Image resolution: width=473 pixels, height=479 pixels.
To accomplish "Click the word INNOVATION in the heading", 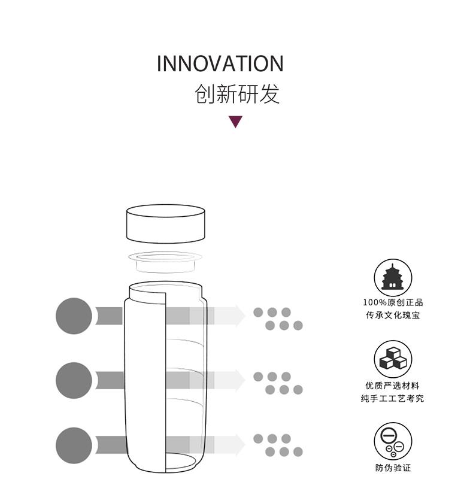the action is click(220, 63).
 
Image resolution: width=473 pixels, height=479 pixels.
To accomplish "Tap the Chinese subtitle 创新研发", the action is click(237, 93).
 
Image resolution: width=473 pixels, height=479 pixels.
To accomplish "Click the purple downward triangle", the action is click(235, 122).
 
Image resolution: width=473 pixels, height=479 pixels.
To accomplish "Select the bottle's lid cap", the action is click(166, 224).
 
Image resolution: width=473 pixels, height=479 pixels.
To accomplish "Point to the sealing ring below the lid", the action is click(165, 262).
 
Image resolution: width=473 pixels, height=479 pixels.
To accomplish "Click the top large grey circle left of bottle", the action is click(74, 316).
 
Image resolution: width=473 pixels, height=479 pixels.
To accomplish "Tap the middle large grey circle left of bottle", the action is click(74, 380).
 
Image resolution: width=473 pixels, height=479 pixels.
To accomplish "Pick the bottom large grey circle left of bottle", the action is click(74, 445).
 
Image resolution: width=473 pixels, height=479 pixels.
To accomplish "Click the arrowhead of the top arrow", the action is click(240, 316).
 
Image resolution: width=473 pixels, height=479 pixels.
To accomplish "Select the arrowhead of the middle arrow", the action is click(240, 380).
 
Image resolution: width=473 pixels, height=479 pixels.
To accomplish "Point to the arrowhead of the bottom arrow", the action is click(240, 445).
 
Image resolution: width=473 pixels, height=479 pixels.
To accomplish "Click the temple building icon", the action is click(393, 278).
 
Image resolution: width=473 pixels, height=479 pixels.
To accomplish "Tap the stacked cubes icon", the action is click(393, 359).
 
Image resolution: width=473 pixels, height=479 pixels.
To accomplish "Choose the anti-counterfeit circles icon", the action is click(393, 441).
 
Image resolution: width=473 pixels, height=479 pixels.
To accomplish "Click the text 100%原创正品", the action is click(393, 302).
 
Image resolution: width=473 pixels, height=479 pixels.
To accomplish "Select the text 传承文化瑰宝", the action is click(393, 315).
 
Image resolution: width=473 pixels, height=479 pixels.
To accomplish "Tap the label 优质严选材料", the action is click(393, 386).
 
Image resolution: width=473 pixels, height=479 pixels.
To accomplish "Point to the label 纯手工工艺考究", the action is click(393, 398).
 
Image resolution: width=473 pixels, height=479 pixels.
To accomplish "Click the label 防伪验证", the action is click(393, 468).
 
